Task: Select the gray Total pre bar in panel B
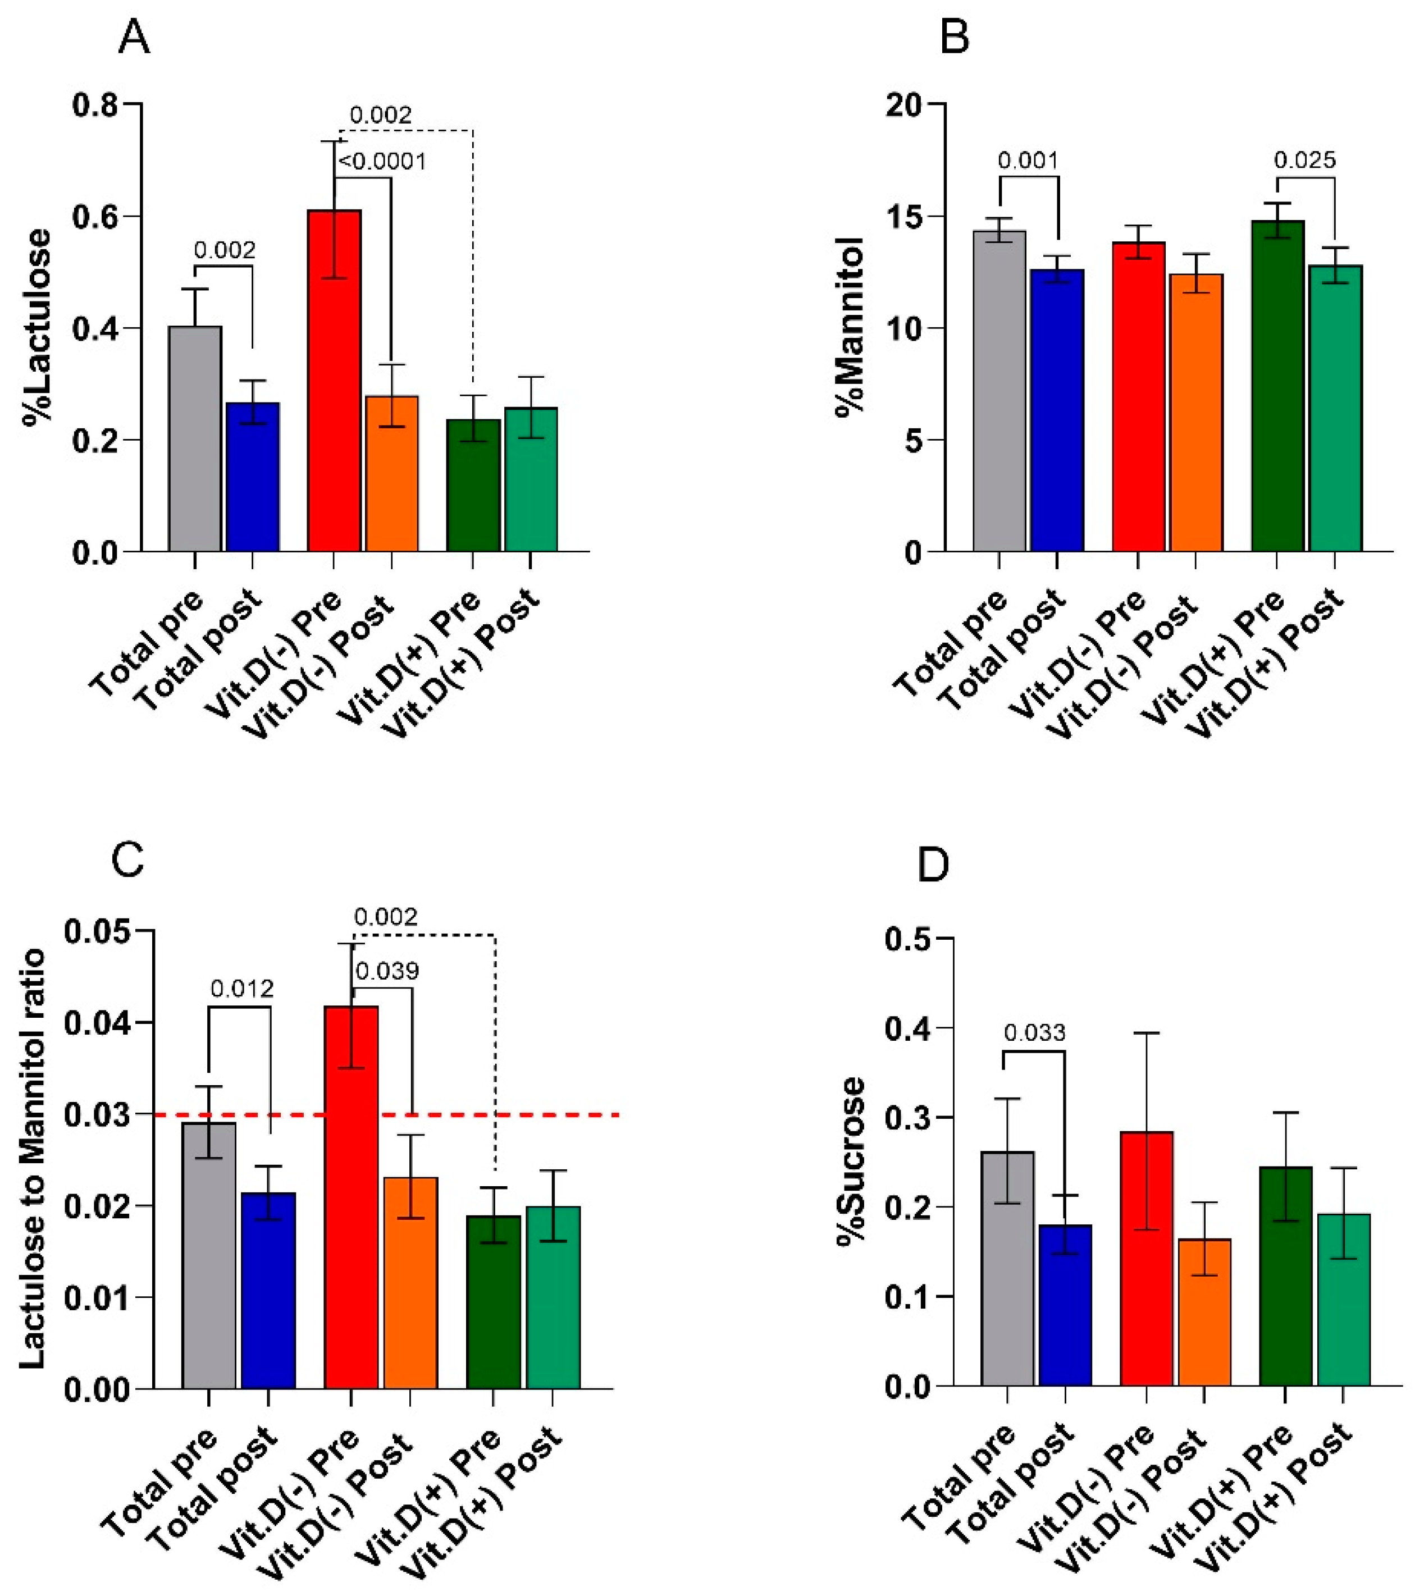[999, 391]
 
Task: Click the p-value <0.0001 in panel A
[382, 162]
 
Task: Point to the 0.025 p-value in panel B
[1305, 161]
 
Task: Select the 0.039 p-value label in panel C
[387, 971]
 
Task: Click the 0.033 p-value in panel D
[1034, 1033]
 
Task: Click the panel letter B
[955, 38]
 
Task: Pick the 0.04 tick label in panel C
[98, 1022]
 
